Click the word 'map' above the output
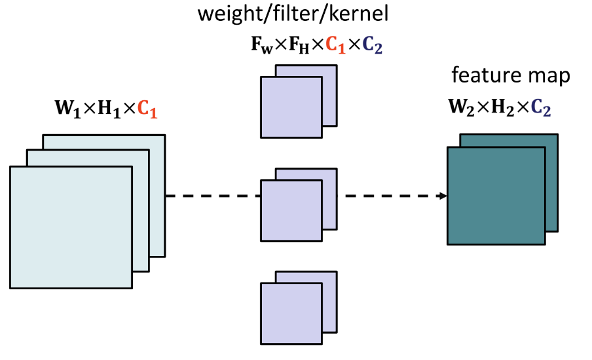pyautogui.click(x=551, y=76)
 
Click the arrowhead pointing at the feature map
pyautogui.click(x=443, y=195)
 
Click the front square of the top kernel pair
pyautogui.click(x=291, y=107)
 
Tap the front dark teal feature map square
pyautogui.click(x=496, y=196)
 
